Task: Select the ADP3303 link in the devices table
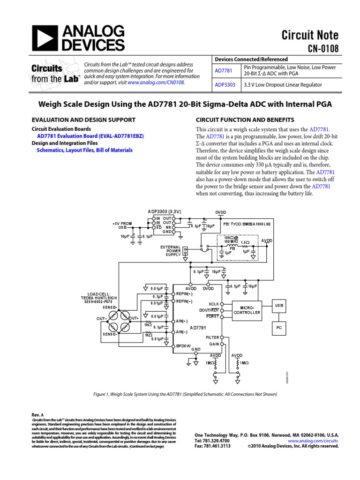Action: [x=225, y=85]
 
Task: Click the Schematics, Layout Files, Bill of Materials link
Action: [x=84, y=150]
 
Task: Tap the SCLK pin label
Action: [x=213, y=304]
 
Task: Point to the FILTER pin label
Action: [x=212, y=337]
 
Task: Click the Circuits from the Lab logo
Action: [x=55, y=73]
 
